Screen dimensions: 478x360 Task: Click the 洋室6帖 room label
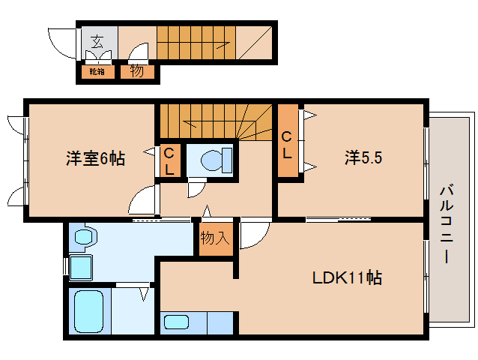pyautogui.click(x=95, y=158)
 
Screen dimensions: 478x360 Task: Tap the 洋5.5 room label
pyautogui.click(x=363, y=157)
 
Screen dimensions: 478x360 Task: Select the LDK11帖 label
pyautogui.click(x=347, y=277)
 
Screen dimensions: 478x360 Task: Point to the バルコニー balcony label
pyautogui.click(x=447, y=224)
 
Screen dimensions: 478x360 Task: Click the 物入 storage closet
pyautogui.click(x=216, y=239)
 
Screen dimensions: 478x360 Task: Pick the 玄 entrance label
pyautogui.click(x=97, y=41)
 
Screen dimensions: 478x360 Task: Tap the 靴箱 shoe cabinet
pyautogui.click(x=97, y=72)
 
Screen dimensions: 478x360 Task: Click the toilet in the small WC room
pyautogui.click(x=217, y=160)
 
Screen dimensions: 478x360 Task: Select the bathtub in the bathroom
pyautogui.click(x=88, y=311)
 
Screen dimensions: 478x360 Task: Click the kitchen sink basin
pyautogui.click(x=177, y=322)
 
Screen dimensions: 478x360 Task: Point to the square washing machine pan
pyautogui.click(x=81, y=268)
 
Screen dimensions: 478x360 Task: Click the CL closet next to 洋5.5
pyautogui.click(x=288, y=141)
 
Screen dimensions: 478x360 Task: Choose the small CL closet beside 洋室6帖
pyautogui.click(x=169, y=160)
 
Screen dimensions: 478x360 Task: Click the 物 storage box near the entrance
pyautogui.click(x=137, y=72)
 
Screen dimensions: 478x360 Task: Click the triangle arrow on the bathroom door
pyautogui.click(x=144, y=294)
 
